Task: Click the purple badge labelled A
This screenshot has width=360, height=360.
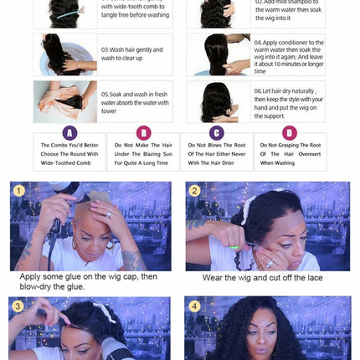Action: (x=69, y=133)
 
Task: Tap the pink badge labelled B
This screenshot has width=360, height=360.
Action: (x=143, y=133)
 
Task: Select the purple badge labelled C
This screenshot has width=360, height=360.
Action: (x=217, y=133)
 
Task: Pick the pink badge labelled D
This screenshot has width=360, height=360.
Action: (x=290, y=133)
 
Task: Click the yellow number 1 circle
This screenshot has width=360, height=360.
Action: (x=18, y=191)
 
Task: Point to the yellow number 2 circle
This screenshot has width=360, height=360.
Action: (x=194, y=191)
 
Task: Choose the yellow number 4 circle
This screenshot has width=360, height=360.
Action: (x=194, y=306)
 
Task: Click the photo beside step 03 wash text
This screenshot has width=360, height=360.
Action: (x=65, y=54)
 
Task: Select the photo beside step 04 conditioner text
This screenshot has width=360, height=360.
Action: (x=219, y=54)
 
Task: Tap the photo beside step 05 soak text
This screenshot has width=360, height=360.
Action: (x=65, y=102)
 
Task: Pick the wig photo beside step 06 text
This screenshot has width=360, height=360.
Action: (x=219, y=102)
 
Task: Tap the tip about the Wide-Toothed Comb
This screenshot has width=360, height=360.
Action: (x=69, y=153)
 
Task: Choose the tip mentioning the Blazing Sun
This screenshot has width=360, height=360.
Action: (x=143, y=153)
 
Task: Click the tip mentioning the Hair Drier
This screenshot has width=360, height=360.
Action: (x=217, y=153)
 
